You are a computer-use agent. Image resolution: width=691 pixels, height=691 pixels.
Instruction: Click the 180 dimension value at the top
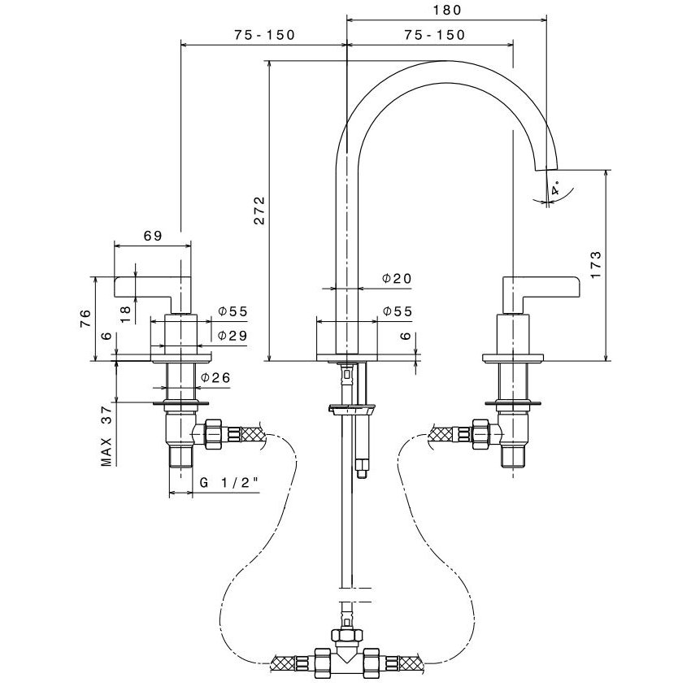(x=445, y=11)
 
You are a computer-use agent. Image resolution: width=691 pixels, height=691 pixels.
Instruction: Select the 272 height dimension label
(x=258, y=212)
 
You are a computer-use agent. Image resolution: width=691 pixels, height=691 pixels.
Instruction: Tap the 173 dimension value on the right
(x=595, y=266)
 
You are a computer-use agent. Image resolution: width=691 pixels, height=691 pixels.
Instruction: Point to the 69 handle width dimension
(x=152, y=236)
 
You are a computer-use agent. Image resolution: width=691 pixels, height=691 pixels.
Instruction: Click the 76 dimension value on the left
(x=85, y=317)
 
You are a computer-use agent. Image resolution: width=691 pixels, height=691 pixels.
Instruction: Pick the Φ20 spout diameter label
(x=397, y=279)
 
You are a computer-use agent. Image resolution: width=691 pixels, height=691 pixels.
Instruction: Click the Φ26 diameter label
(x=215, y=377)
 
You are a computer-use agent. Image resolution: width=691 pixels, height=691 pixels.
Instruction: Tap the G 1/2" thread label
(x=230, y=483)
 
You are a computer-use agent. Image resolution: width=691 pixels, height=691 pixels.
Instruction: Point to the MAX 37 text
(x=106, y=436)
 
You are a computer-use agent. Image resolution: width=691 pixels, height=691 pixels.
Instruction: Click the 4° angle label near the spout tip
(x=555, y=190)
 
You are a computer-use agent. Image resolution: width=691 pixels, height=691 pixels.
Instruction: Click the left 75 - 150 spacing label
(x=264, y=35)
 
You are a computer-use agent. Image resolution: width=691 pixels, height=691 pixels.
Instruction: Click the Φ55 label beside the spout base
(x=397, y=311)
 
